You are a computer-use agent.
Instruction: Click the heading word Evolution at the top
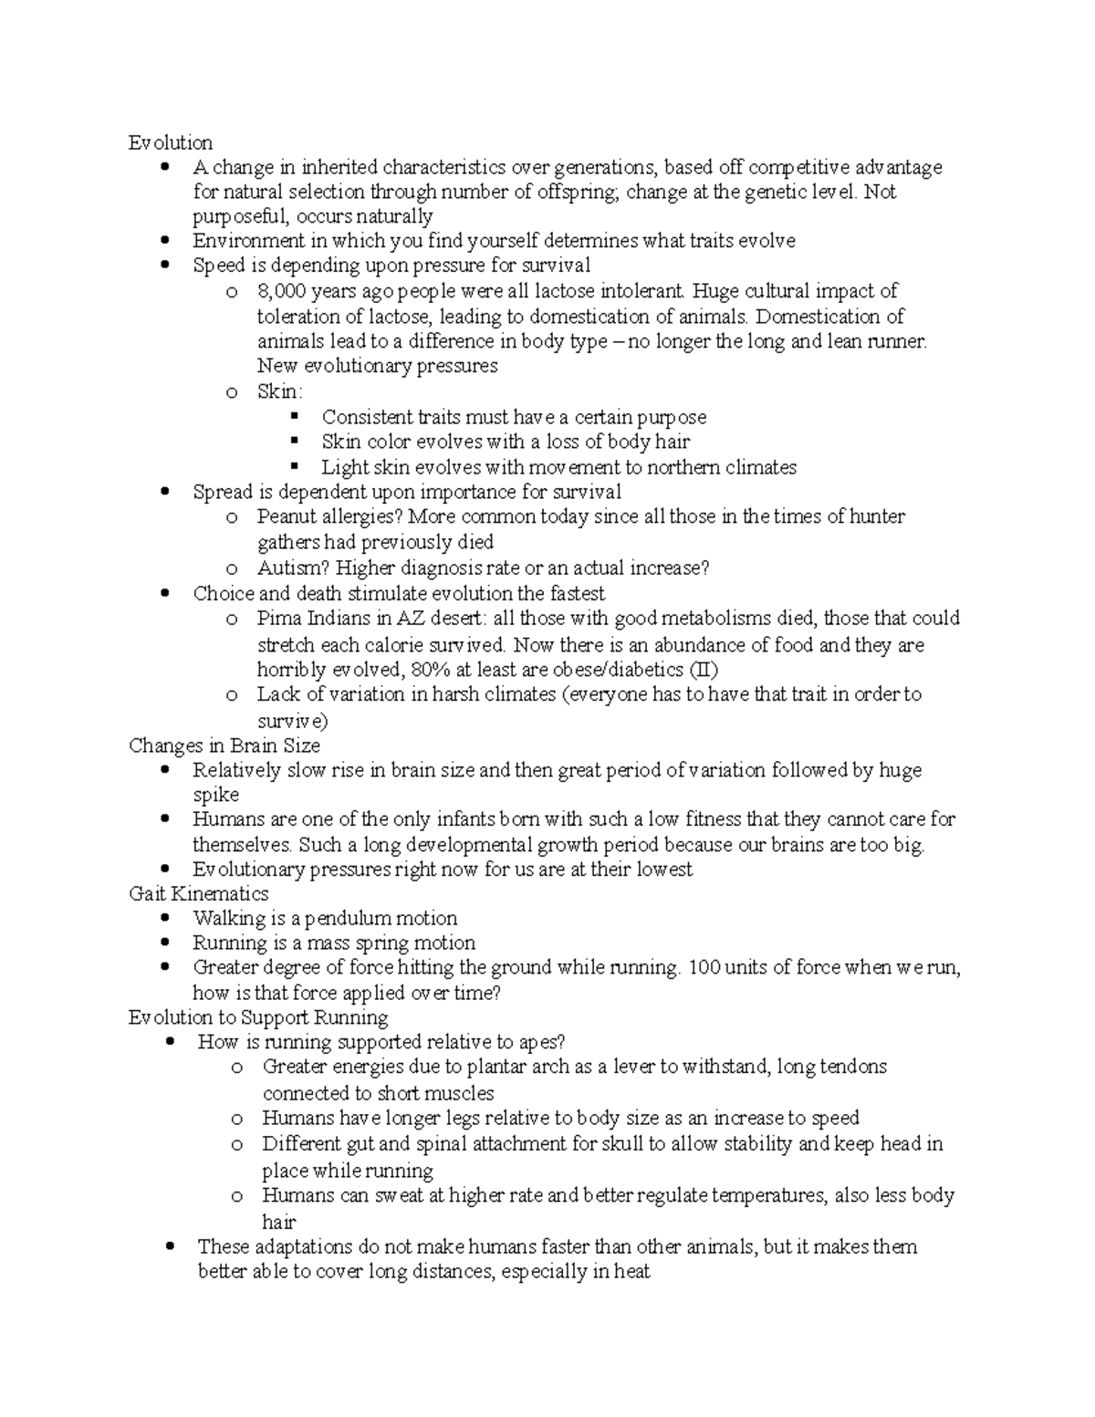click(x=171, y=142)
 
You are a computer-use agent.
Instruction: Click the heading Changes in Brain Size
click(x=224, y=745)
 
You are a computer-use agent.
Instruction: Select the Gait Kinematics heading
click(x=199, y=893)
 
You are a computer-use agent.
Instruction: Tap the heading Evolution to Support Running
click(x=258, y=1017)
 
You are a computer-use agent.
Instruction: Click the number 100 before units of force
click(x=704, y=967)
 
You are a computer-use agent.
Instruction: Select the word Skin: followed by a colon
click(x=279, y=391)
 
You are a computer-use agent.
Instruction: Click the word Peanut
click(x=287, y=516)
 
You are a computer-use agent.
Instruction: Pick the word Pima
click(x=278, y=619)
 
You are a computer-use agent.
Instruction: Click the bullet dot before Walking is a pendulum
click(x=165, y=918)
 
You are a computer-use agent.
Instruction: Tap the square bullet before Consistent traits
click(x=294, y=417)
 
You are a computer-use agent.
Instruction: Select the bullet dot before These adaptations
click(x=170, y=1246)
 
